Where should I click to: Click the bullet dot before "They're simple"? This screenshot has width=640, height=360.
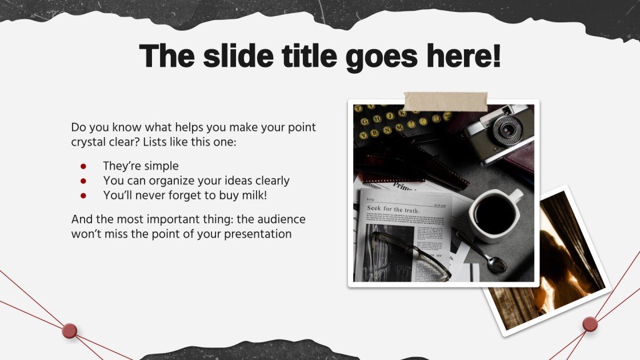pos(83,166)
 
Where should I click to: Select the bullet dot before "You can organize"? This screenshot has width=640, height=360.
pos(83,181)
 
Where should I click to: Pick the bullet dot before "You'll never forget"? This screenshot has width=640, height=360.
pos(83,195)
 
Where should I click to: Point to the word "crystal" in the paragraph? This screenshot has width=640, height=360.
pos(90,142)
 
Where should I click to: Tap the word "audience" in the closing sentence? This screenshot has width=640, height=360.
pos(281,219)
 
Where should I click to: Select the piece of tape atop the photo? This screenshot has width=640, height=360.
pos(445,101)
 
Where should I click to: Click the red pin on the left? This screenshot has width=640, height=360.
pos(70,331)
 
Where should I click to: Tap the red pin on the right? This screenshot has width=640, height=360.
pos(590,325)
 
